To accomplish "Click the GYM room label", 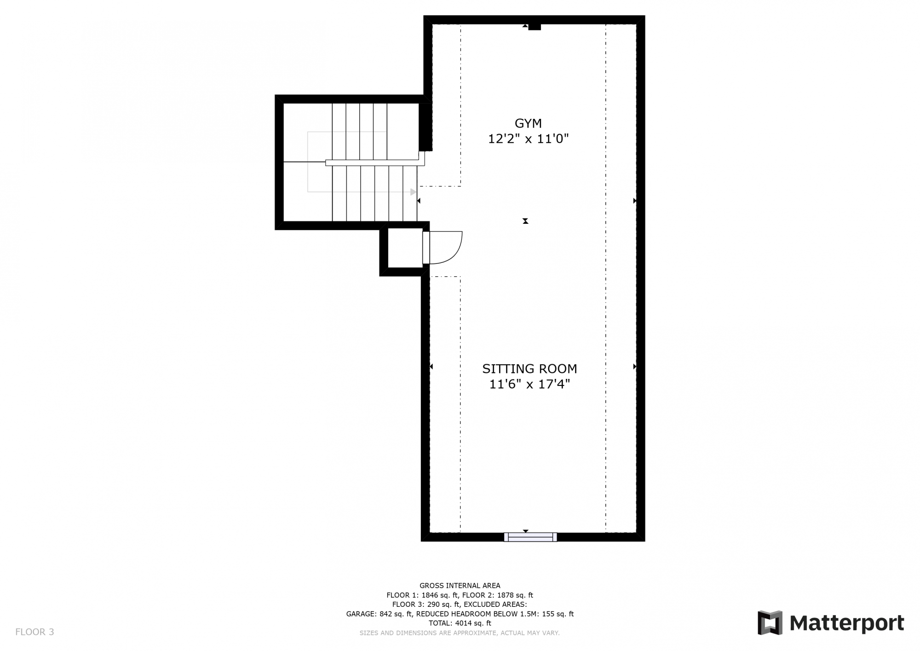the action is [528, 123].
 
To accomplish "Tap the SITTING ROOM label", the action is [529, 369].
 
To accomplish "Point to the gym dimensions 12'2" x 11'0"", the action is [528, 139].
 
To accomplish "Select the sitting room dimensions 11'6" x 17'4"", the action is [529, 384].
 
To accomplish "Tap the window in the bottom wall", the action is [530, 537].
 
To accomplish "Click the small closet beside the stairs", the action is [405, 248].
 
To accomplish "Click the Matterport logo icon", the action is [770, 623].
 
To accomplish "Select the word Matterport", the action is [847, 623].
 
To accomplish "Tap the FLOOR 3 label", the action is [34, 632].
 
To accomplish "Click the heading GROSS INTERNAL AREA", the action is [460, 586].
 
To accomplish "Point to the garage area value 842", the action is [386, 614].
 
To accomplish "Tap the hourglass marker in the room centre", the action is [525, 221].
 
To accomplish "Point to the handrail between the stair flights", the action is [375, 163].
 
